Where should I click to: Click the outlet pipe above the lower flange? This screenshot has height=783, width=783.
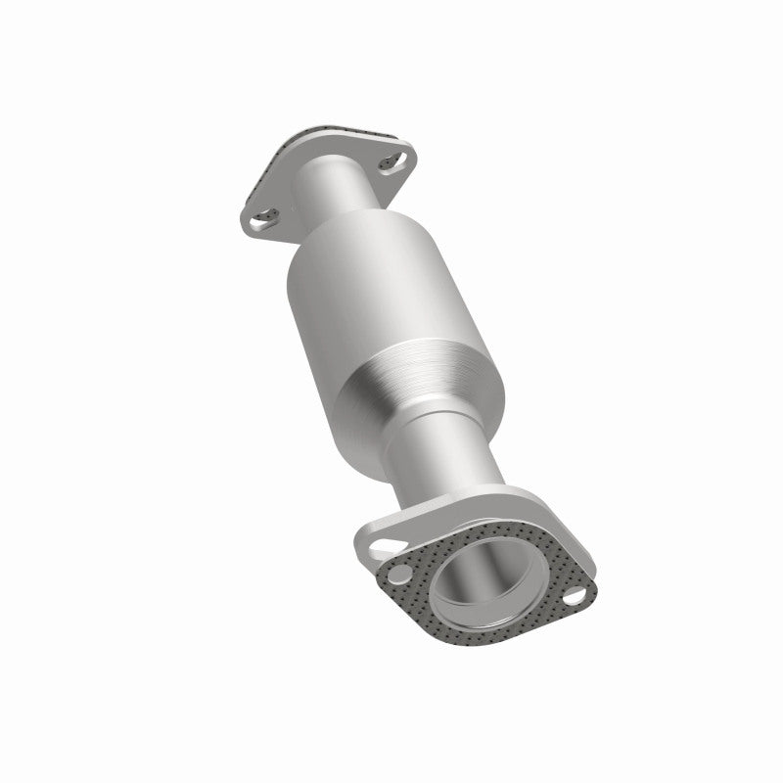[x=445, y=460]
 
